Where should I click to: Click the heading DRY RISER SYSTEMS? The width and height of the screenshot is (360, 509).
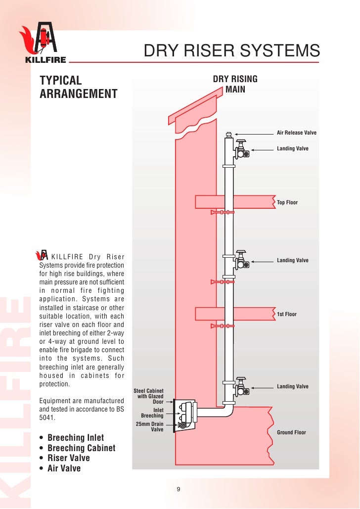click(231, 51)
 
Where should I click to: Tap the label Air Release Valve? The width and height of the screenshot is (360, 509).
click(296, 133)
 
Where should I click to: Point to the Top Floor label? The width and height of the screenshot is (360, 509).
click(287, 203)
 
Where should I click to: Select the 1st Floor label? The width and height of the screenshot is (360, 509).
click(287, 315)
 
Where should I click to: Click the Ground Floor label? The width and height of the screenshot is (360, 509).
click(291, 433)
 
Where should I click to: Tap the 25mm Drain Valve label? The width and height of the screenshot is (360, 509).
click(150, 427)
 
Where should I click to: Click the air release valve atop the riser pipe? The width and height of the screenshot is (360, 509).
click(228, 135)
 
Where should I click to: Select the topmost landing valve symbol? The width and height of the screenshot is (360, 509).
click(241, 150)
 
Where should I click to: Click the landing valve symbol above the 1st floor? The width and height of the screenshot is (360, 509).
click(241, 260)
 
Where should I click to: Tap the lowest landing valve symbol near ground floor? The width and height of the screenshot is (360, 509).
click(241, 387)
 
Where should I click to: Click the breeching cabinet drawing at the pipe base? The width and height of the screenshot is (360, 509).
click(186, 416)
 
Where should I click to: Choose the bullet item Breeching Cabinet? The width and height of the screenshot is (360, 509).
click(81, 448)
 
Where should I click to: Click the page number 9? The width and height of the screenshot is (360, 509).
click(179, 490)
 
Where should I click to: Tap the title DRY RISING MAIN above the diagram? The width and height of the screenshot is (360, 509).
click(235, 85)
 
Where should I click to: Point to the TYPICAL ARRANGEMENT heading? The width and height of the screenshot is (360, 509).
click(78, 87)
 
